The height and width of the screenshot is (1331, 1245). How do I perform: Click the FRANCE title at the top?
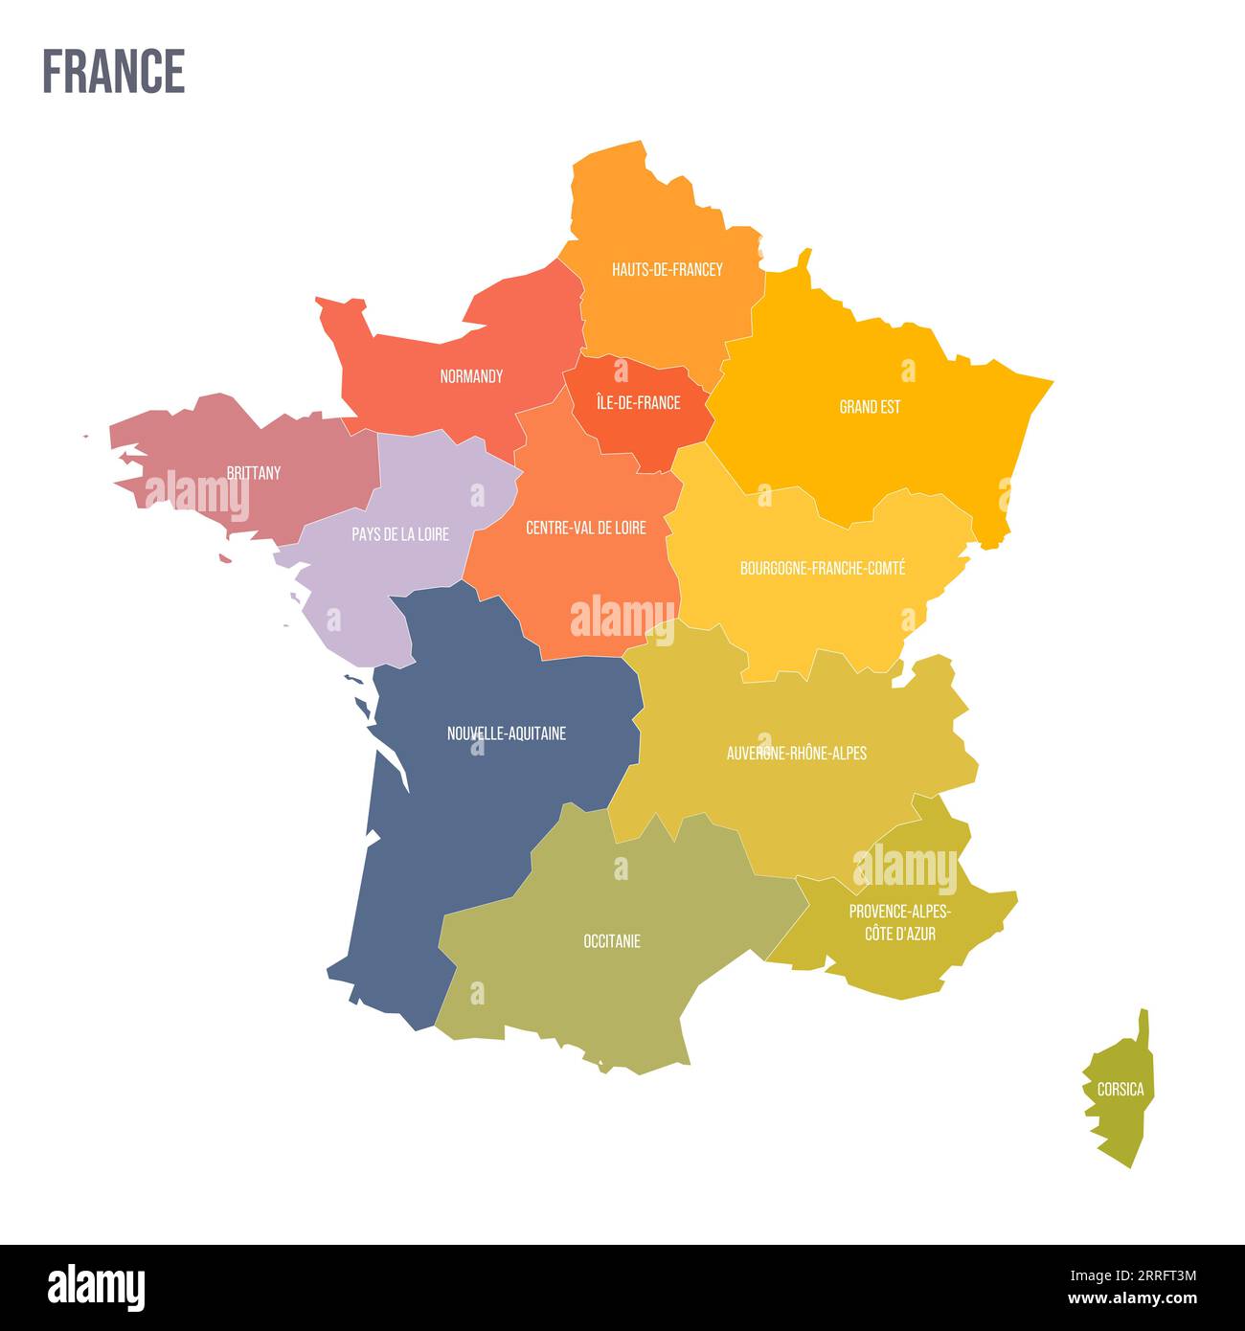pyautogui.click(x=113, y=72)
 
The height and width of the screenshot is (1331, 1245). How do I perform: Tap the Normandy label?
pyautogui.click(x=471, y=376)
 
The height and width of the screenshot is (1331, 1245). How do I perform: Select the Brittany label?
pyautogui.click(x=254, y=472)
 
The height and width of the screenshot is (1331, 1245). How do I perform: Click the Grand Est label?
pyautogui.click(x=870, y=407)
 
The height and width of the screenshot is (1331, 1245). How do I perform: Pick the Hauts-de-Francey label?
pyautogui.click(x=668, y=269)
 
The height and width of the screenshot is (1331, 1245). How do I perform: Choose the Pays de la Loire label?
pyautogui.click(x=399, y=534)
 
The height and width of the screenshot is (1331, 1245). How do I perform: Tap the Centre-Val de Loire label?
pyautogui.click(x=586, y=528)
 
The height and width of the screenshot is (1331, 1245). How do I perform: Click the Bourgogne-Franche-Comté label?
pyautogui.click(x=823, y=568)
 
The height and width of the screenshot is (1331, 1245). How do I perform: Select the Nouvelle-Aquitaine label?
pyautogui.click(x=507, y=733)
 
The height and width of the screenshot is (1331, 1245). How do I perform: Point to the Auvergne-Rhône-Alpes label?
pyautogui.click(x=797, y=753)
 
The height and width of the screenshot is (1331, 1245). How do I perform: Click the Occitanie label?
pyautogui.click(x=612, y=941)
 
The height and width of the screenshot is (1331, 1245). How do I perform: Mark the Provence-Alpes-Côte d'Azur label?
pyautogui.click(x=900, y=922)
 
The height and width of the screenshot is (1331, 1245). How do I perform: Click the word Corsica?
pyautogui.click(x=1120, y=1090)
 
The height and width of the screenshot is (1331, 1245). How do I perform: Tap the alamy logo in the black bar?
pyautogui.click(x=96, y=1287)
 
